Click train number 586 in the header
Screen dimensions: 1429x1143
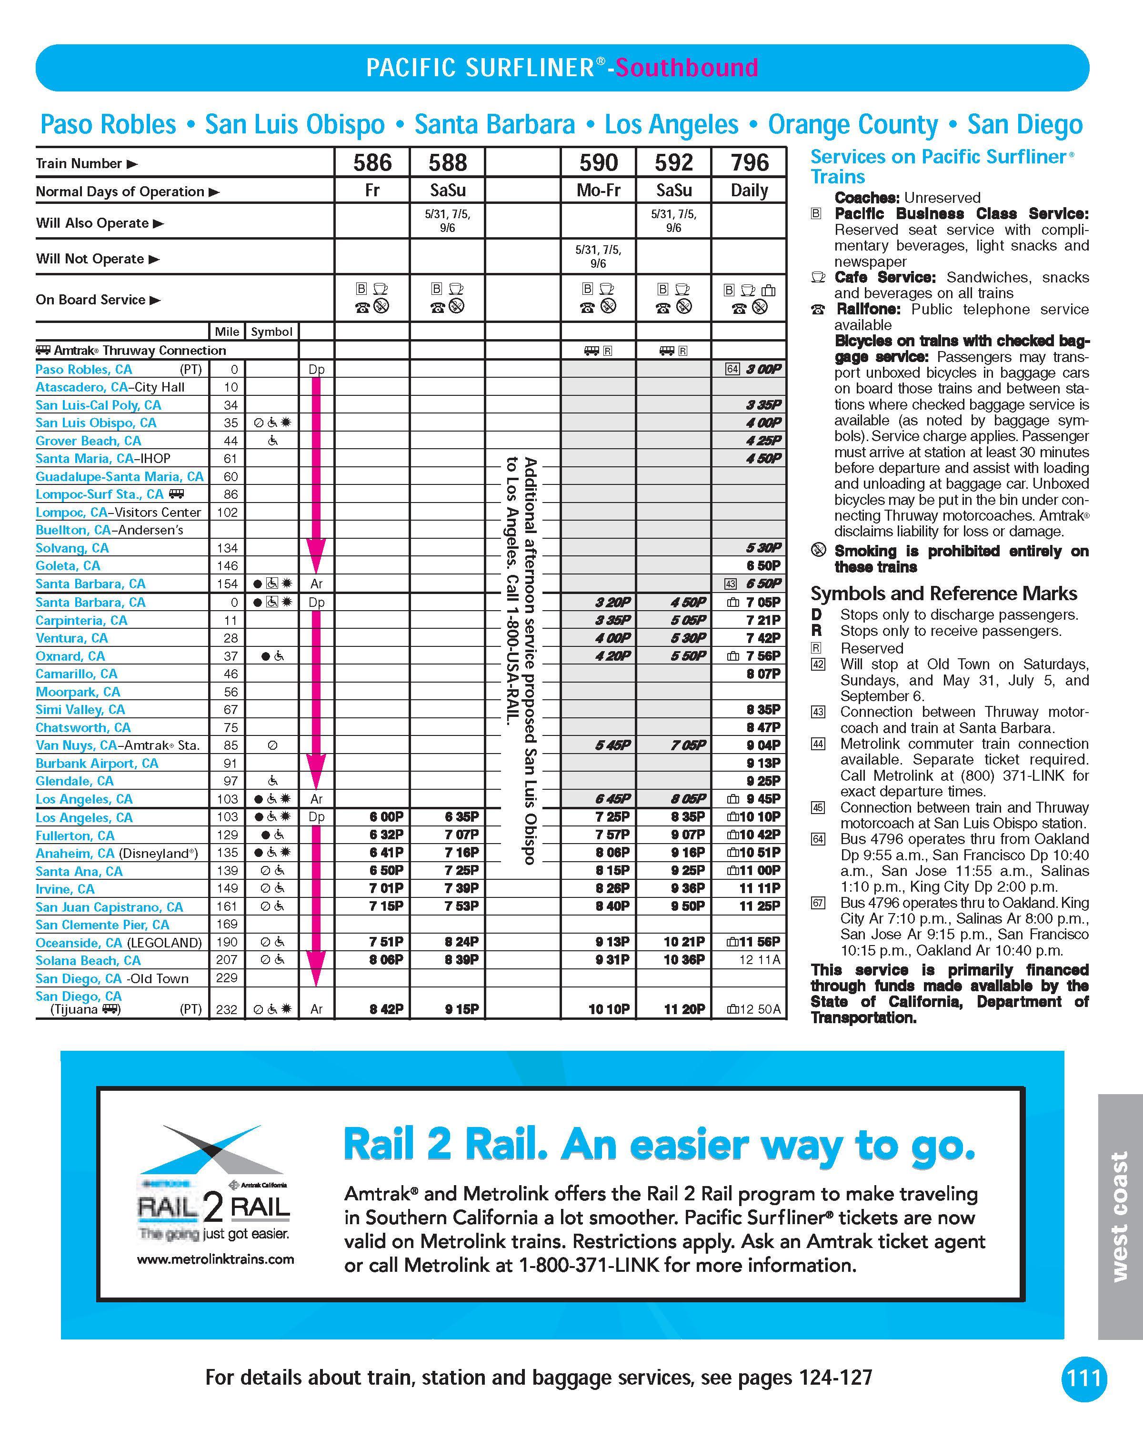click(x=372, y=162)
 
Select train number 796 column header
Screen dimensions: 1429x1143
click(x=750, y=162)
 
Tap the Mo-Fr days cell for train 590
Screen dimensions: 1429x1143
click(x=598, y=191)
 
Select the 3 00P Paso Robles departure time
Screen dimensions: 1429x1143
click(x=763, y=369)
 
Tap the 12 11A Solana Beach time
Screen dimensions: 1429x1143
click(x=763, y=960)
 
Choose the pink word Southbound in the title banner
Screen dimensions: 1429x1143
click(x=686, y=68)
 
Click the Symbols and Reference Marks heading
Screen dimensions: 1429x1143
click(x=943, y=593)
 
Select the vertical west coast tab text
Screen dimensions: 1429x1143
click(x=1119, y=1216)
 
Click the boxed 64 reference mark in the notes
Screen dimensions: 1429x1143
click(x=818, y=840)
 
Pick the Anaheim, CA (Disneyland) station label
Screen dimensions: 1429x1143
click(x=117, y=853)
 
